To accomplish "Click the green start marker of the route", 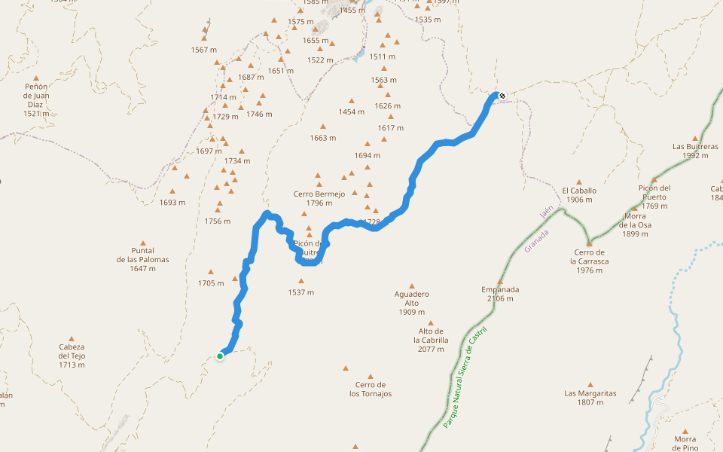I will [220, 356].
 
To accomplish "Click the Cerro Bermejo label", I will [319, 198].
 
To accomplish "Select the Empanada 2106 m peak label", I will [500, 294].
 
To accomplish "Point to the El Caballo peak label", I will [579, 195].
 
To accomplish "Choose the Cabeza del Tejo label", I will [72, 356].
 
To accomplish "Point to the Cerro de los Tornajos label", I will [371, 389].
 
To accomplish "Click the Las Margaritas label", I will [590, 398].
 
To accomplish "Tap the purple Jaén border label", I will [547, 212].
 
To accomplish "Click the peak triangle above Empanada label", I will [500, 282].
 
